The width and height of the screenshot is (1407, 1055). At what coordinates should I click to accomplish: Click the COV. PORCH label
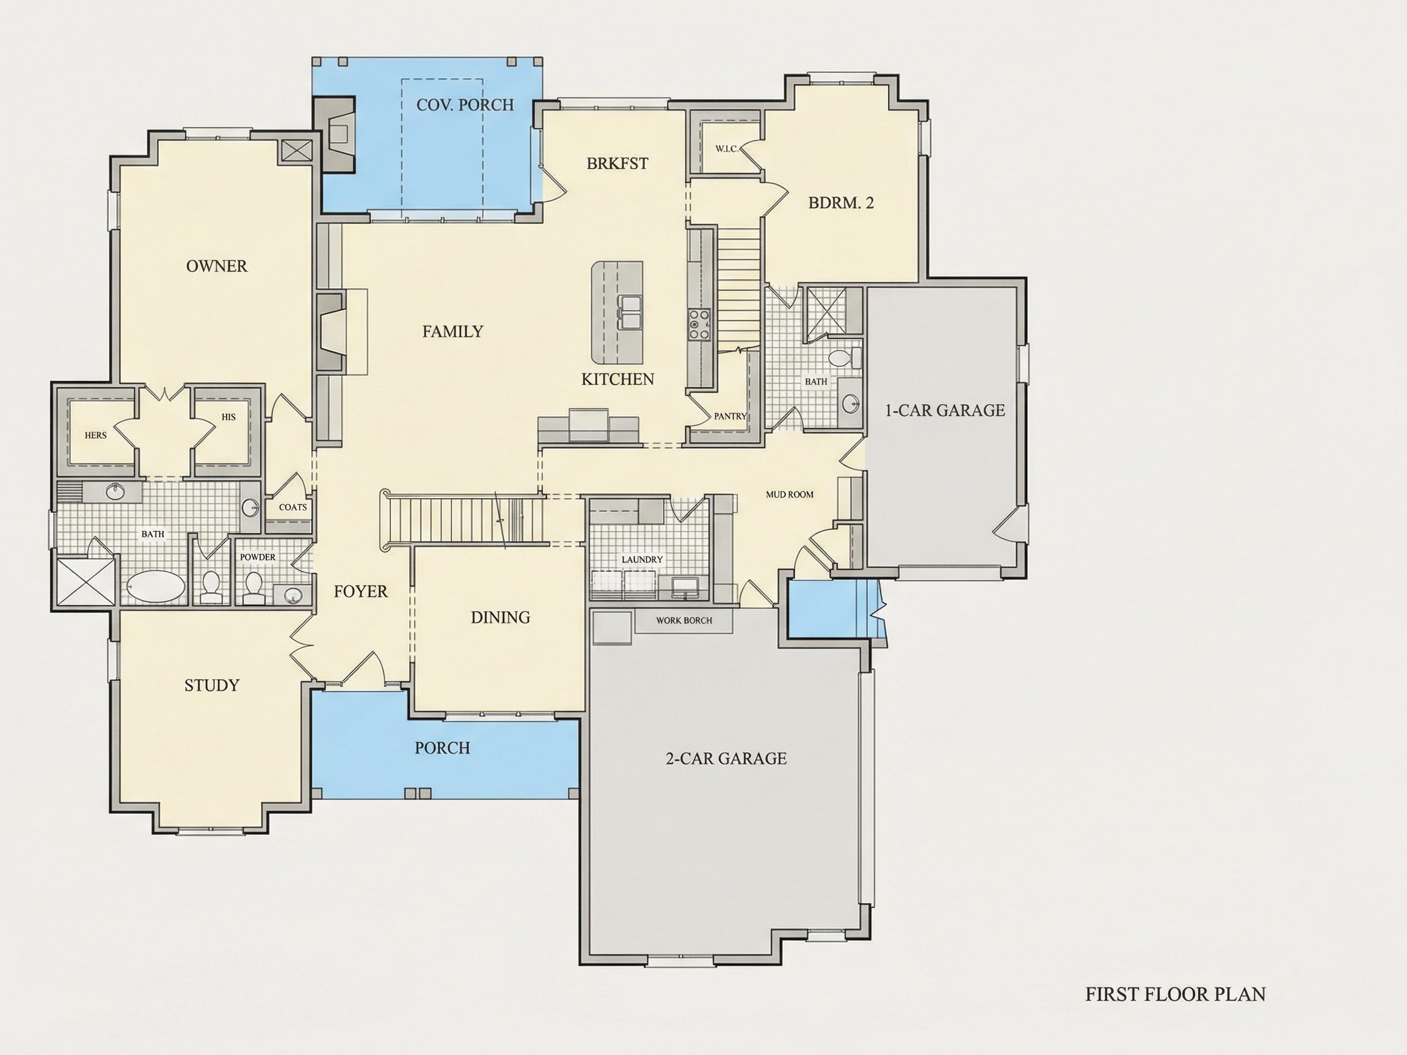465,105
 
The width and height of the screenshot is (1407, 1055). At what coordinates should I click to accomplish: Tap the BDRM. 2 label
841,203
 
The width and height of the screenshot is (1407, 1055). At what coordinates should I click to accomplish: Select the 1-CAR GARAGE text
945,410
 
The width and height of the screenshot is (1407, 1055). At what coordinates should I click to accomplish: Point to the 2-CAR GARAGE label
725,758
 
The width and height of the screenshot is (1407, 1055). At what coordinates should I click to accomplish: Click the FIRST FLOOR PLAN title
1176,994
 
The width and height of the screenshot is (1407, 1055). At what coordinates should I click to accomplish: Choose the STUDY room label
212,685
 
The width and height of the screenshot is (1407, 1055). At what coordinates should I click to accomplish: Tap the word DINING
500,617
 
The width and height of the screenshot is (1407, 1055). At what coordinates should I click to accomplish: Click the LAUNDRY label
642,559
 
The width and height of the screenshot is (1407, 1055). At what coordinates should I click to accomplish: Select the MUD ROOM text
790,494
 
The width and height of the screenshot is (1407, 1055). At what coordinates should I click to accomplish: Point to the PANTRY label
730,416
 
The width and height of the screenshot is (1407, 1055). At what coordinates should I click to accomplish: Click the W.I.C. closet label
726,149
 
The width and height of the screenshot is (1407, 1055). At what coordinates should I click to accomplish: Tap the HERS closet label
95,435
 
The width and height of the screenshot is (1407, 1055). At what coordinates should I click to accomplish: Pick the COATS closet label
293,507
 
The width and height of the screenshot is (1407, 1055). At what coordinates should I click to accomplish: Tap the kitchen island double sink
630,313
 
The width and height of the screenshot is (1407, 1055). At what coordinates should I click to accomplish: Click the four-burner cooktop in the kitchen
698,324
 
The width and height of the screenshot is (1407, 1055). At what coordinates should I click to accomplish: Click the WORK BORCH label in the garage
684,620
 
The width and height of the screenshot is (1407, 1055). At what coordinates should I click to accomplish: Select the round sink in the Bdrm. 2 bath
851,402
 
